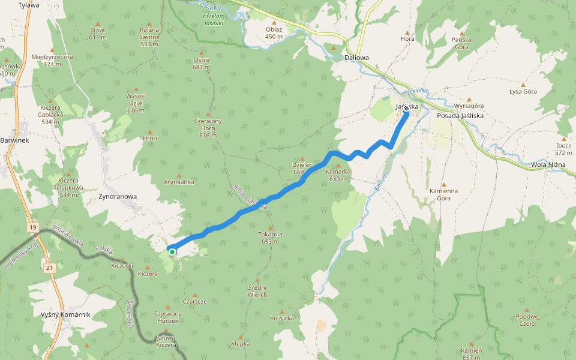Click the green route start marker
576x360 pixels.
point(172,252)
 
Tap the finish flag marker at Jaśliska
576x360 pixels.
point(406,109)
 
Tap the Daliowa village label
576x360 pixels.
point(357,58)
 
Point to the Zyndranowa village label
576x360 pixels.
point(118,196)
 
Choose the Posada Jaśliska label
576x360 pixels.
point(460,115)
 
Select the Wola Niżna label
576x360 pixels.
point(548,165)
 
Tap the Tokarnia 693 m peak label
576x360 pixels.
point(270,238)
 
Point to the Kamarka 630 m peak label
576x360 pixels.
point(338,175)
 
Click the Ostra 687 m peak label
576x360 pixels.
point(201,64)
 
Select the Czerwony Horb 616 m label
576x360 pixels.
point(208,128)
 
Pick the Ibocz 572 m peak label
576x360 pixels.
point(563,149)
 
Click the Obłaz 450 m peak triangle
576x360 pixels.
point(274,23)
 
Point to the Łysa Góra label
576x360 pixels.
point(523,92)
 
